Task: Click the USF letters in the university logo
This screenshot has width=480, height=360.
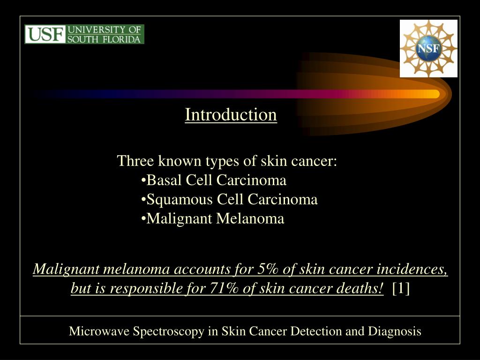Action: click(x=45, y=34)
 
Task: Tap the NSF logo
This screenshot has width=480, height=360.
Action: click(x=428, y=49)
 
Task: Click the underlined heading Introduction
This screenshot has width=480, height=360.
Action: click(x=231, y=114)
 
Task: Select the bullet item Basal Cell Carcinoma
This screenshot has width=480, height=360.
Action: click(x=214, y=180)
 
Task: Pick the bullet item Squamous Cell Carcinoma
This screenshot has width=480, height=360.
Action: click(x=229, y=200)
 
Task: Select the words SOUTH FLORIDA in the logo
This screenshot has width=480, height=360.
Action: click(x=104, y=39)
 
